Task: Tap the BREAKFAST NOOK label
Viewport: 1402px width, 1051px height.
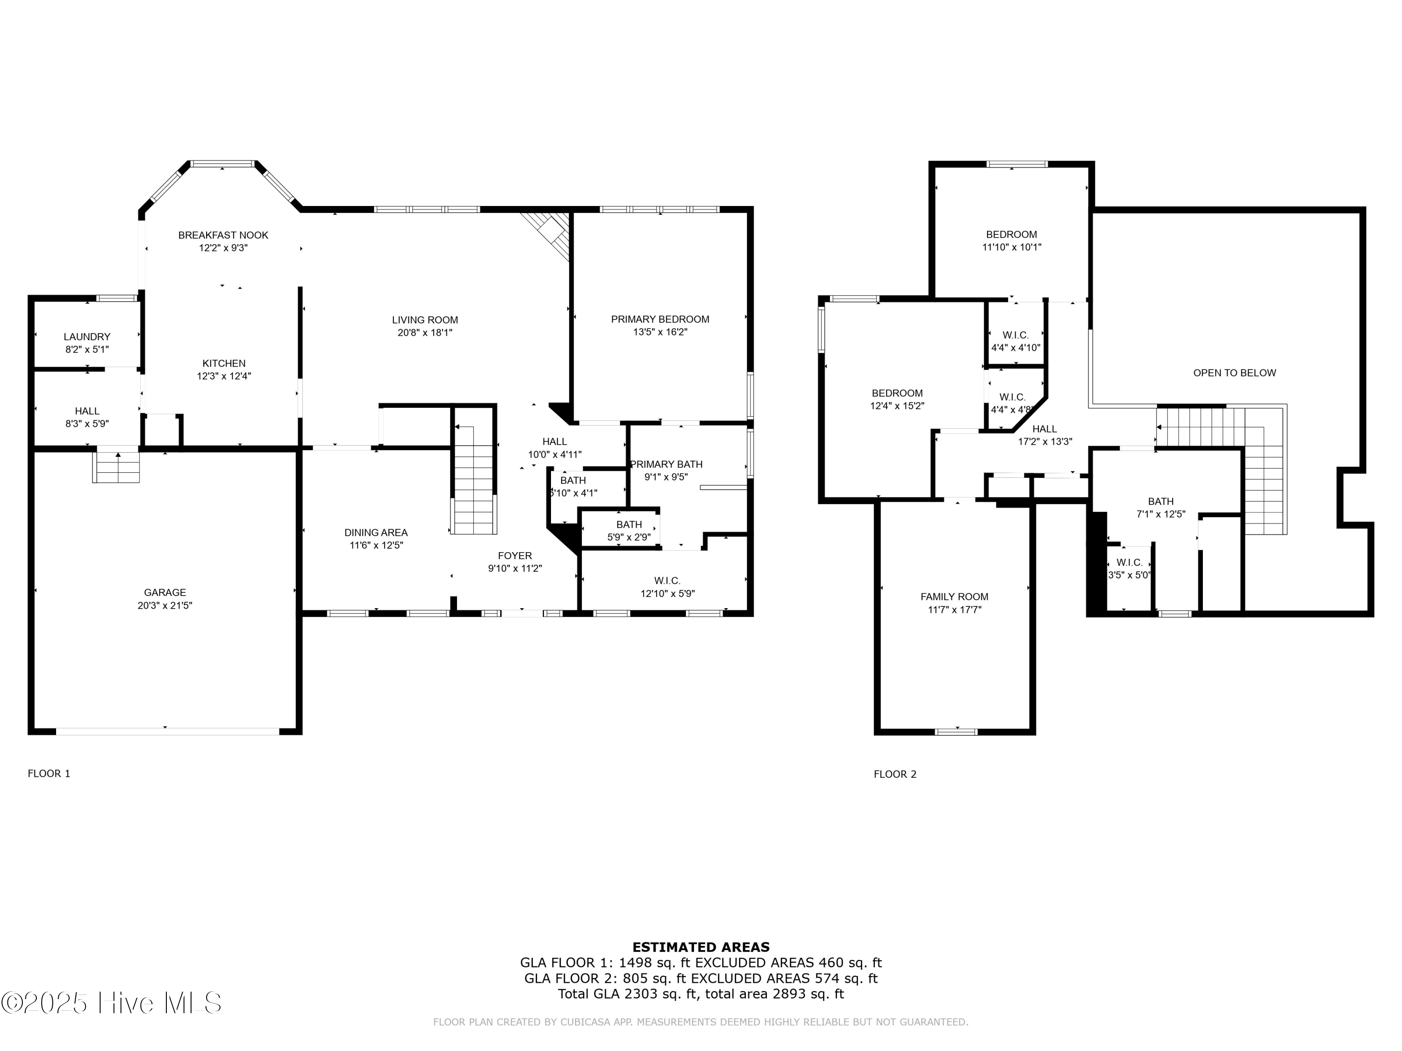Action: tap(223, 235)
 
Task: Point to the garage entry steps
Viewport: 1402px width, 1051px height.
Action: tap(117, 468)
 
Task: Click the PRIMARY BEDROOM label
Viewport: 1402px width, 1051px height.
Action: tap(660, 320)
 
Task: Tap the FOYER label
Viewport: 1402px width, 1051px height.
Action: tap(515, 555)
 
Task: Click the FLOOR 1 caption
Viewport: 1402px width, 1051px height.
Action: tap(49, 774)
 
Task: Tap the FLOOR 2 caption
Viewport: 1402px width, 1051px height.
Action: tap(894, 774)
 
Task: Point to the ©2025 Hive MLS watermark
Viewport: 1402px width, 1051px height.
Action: tap(112, 1003)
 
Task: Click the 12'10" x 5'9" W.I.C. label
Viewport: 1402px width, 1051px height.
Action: tap(667, 587)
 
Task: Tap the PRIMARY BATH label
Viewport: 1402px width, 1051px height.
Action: tap(666, 464)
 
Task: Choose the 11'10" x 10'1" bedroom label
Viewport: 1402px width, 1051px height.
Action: tap(1011, 241)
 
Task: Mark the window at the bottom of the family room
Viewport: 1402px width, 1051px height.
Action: tap(956, 731)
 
